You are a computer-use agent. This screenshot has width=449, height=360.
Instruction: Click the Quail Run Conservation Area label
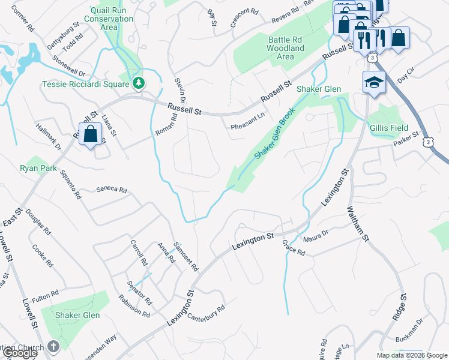point(112,19)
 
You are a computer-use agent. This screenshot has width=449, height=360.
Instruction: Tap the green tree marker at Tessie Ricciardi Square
point(139,83)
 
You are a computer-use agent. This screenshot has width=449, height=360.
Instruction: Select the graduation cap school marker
point(373,83)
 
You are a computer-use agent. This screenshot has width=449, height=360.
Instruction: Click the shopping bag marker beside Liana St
point(90,134)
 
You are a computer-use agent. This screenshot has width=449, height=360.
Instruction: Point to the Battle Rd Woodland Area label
point(285,48)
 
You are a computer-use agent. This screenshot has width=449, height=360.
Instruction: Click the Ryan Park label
point(38,169)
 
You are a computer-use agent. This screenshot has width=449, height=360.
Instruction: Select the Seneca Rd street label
point(112,190)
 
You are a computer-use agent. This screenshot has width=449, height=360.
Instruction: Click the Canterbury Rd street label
point(206,313)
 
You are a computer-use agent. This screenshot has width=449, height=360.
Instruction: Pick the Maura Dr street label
point(317,235)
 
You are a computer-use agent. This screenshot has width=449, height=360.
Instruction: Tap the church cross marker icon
point(53,347)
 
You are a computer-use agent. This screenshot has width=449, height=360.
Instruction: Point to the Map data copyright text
point(412,355)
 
